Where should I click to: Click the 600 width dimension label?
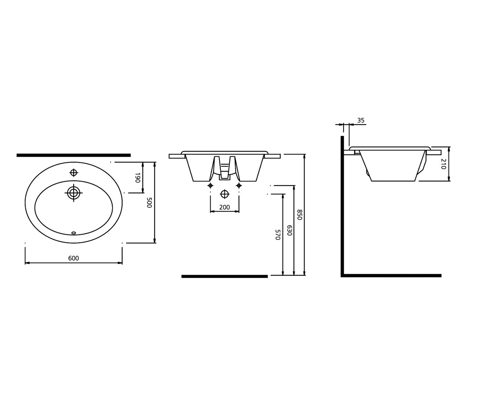pos(74,258)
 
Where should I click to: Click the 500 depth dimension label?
pos(149,203)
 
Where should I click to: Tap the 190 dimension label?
pos(137,178)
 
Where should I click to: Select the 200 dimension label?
pos(224,207)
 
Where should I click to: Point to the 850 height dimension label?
pos(300,214)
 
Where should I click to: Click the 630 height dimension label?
pos(290,230)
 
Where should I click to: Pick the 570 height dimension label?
pos(278,235)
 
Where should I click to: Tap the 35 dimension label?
pos(361,121)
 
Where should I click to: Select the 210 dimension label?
pos(443,164)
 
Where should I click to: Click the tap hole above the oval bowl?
pos(74,173)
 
